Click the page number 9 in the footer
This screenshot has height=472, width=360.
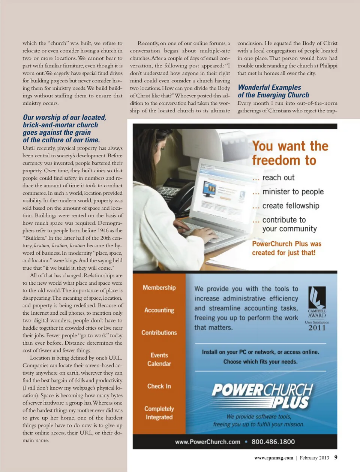point(336,457)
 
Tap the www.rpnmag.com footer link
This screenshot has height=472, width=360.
point(274,458)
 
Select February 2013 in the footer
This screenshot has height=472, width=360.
point(314,458)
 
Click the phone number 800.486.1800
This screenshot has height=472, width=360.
point(273,442)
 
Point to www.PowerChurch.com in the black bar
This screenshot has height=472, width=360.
point(208,442)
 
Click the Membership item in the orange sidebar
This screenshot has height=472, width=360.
point(159,288)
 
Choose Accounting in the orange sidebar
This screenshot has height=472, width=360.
point(159,310)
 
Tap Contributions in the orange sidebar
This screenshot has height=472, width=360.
point(159,333)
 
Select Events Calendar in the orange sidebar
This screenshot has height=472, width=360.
point(159,359)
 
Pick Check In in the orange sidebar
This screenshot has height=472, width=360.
point(159,386)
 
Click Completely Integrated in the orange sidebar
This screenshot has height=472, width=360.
point(159,413)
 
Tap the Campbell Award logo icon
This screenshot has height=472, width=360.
point(317,297)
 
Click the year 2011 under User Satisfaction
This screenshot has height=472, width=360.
point(317,328)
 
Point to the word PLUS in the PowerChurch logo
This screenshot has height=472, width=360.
point(291,403)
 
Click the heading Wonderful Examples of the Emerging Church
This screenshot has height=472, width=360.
point(273,91)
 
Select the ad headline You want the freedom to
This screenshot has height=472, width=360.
point(290,153)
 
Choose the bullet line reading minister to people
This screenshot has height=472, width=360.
point(293,192)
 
